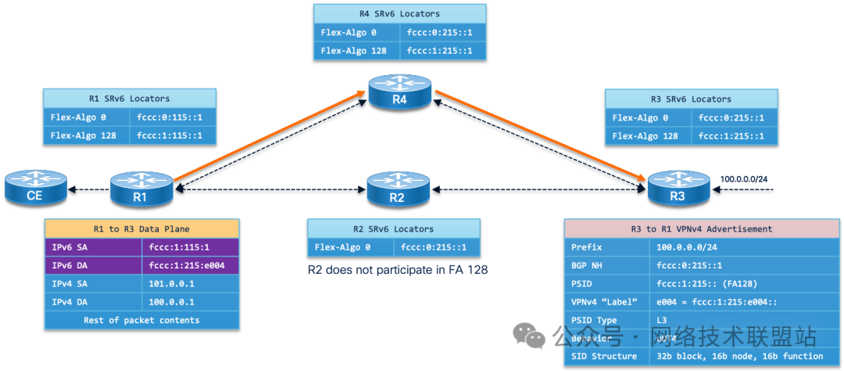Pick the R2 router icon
click(397, 190)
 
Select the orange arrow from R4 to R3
click(539, 135)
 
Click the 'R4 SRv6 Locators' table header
click(399, 14)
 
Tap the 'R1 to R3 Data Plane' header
click(141, 229)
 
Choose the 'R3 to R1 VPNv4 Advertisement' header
click(703, 229)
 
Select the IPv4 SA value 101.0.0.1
click(166, 283)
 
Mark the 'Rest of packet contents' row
click(141, 319)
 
